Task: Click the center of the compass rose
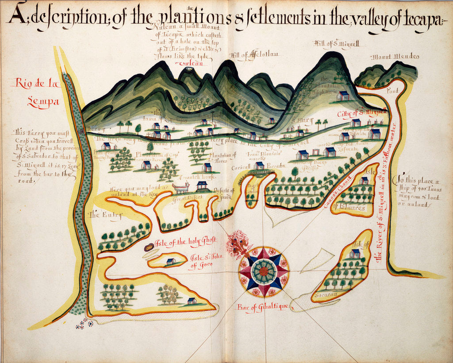[264, 271]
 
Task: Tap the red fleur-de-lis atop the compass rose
[239, 246]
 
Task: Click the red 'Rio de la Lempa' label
[36, 91]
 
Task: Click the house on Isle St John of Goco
[171, 262]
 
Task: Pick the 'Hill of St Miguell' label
[332, 43]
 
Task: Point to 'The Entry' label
[105, 215]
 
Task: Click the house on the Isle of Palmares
[364, 180]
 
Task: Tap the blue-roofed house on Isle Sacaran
[354, 254]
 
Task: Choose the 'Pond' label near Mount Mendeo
[392, 90]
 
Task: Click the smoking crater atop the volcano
[189, 69]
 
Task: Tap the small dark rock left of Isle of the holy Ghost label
[150, 247]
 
